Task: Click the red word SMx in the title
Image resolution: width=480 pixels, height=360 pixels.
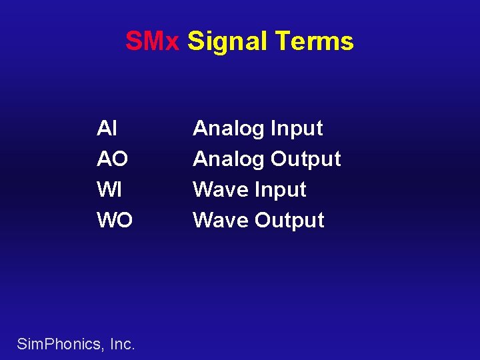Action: click(153, 41)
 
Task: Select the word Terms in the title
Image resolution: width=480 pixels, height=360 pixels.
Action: click(315, 41)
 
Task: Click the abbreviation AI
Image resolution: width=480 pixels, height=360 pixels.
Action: click(107, 128)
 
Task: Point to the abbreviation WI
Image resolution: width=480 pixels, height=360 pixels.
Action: click(109, 189)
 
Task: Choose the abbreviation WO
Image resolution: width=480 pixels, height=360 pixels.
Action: click(115, 220)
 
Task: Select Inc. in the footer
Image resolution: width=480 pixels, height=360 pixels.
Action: click(123, 344)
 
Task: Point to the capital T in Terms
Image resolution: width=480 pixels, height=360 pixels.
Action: click(282, 41)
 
